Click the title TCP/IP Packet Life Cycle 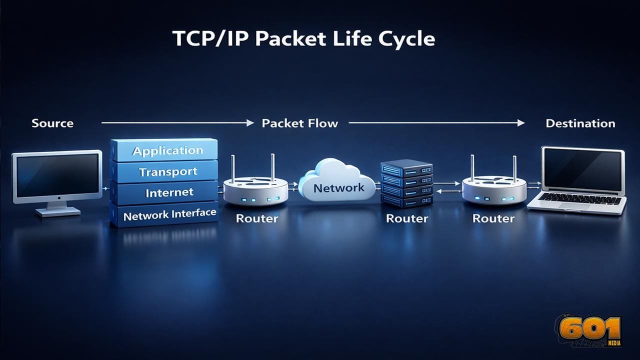click(304, 39)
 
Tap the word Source click(52, 123)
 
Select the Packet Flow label click(300, 123)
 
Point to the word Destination click(580, 123)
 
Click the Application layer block click(165, 150)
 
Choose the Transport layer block click(165, 172)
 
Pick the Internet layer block click(165, 192)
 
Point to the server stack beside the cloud click(405, 183)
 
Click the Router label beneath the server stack click(407, 218)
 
